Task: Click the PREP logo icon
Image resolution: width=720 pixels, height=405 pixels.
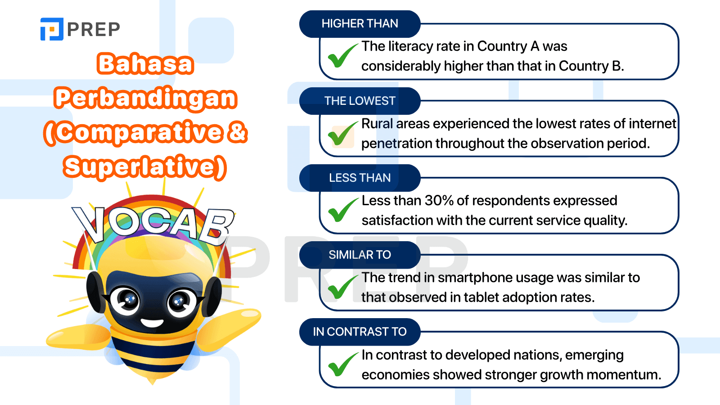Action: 52,29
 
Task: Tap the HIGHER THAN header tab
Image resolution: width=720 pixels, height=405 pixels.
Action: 360,24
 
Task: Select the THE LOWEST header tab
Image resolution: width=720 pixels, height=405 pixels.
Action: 360,101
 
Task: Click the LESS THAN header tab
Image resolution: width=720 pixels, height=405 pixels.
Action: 360,178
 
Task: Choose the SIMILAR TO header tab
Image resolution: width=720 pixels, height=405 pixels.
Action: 360,255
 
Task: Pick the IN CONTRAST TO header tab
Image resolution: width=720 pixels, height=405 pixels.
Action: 360,332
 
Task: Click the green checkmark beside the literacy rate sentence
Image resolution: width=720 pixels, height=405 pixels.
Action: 342,56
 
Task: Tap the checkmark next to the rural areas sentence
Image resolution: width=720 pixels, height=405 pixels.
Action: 342,134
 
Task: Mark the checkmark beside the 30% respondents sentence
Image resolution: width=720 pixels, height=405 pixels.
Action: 342,210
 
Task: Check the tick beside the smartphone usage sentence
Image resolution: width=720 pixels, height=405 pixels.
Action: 342,287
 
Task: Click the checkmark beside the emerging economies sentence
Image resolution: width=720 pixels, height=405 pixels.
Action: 342,364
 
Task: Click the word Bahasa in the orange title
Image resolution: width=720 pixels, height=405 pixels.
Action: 145,64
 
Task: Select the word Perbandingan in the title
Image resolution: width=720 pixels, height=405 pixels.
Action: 145,98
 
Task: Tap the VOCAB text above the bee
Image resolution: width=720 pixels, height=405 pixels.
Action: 153,223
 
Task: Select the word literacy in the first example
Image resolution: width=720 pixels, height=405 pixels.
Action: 414,46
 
